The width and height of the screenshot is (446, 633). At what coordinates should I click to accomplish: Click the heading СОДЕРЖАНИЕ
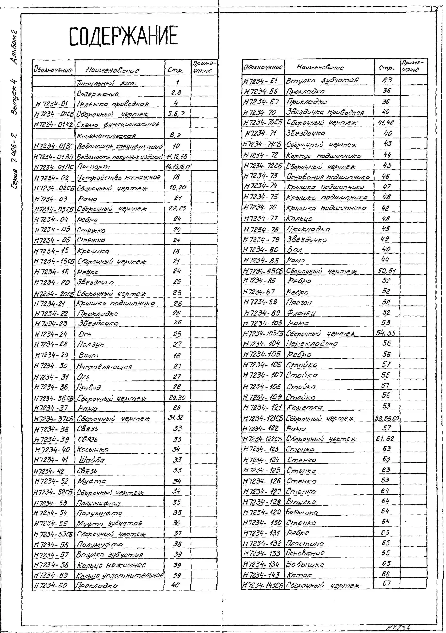pos(123,36)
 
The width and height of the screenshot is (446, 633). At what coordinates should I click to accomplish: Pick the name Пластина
pos(305,543)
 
